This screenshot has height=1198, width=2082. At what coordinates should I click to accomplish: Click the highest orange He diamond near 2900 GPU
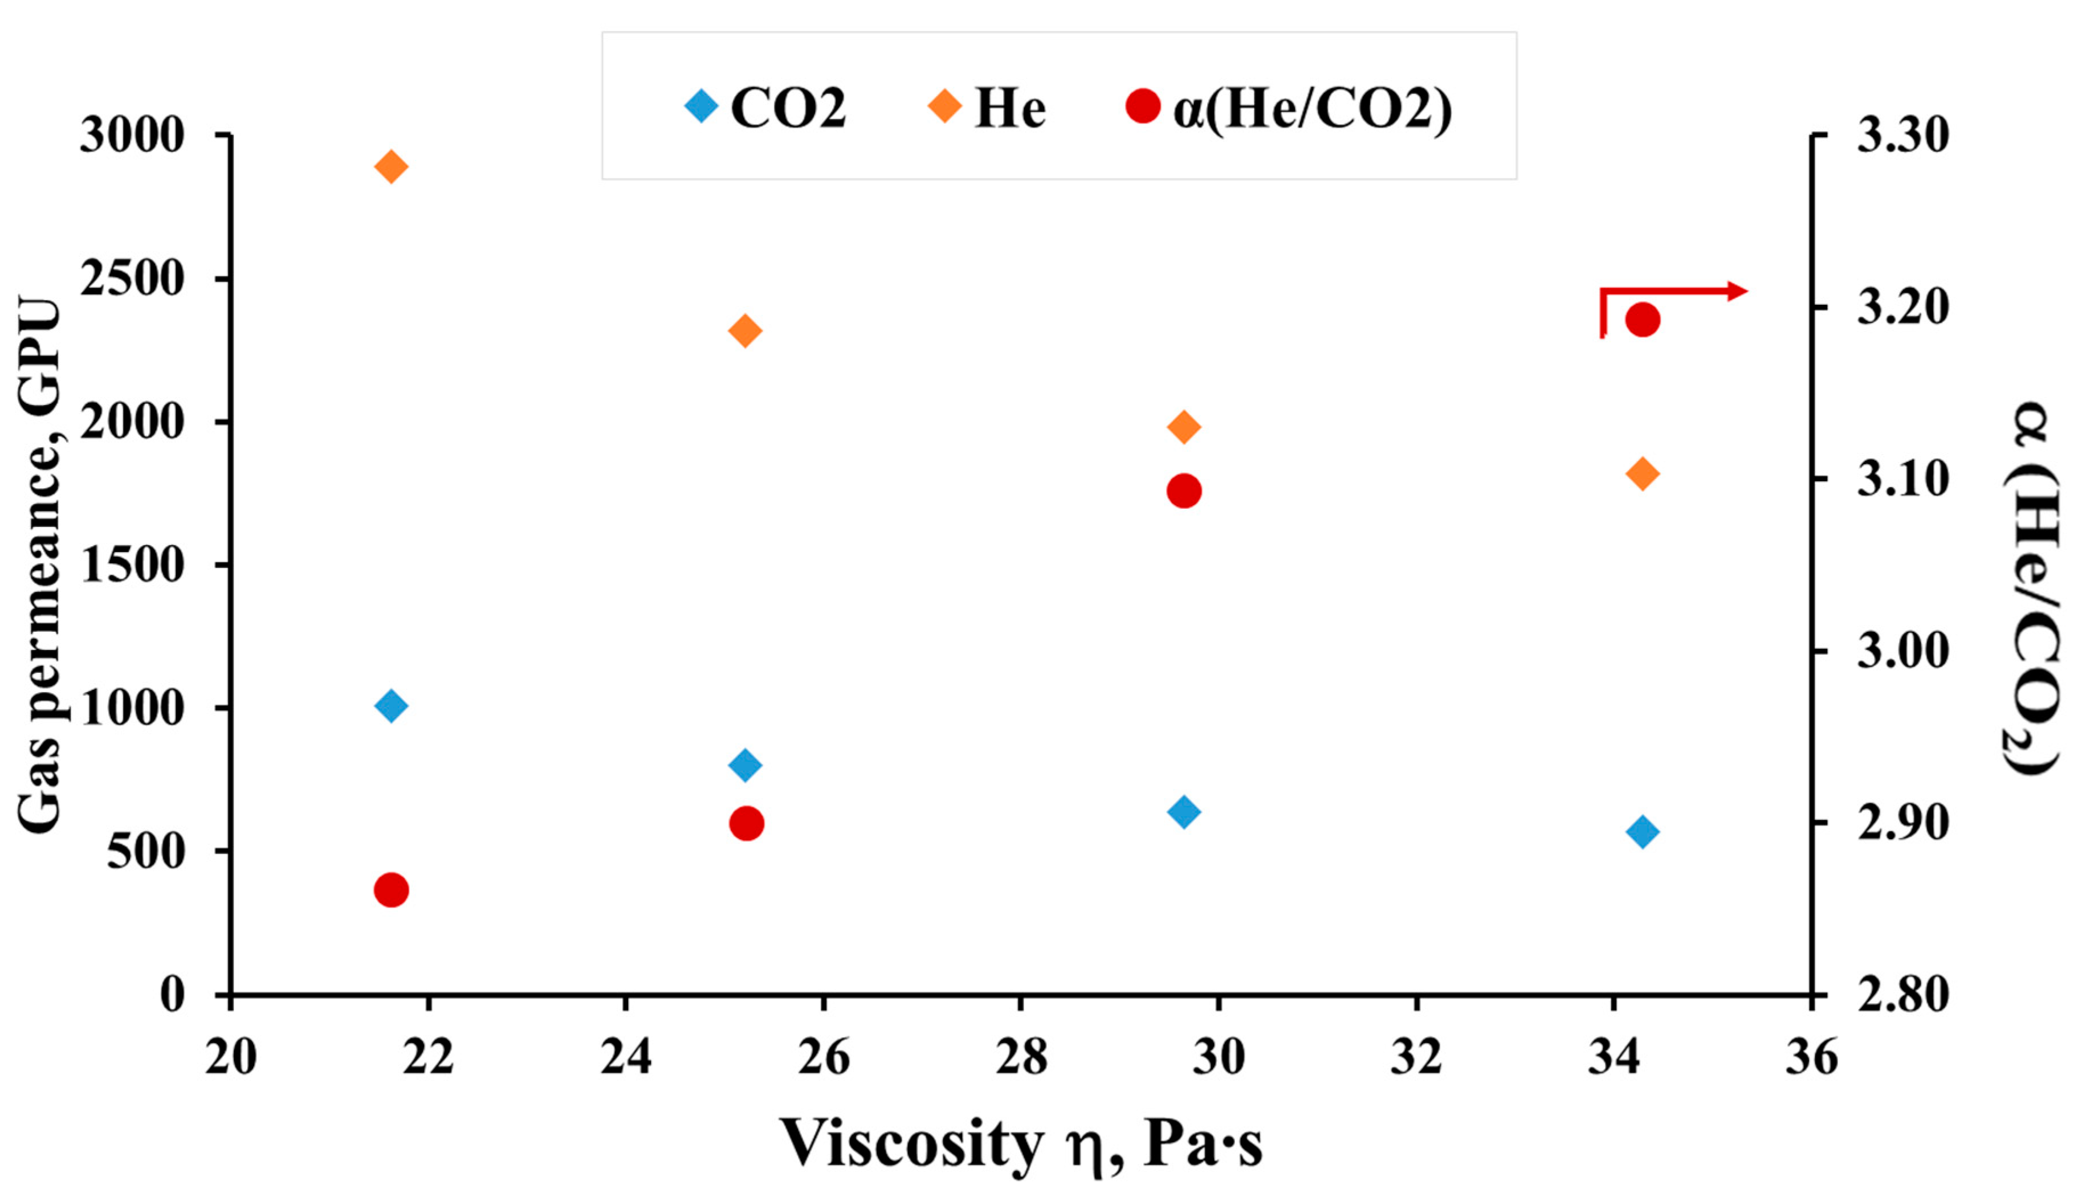pos(391,167)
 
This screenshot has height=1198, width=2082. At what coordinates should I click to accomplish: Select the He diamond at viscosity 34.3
pos(1643,474)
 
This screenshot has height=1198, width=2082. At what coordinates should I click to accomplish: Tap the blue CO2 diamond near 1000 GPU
pos(391,706)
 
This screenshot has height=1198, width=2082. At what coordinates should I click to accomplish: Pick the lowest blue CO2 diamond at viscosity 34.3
pos(1643,832)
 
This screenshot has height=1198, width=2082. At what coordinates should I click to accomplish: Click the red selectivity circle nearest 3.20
pos(1643,320)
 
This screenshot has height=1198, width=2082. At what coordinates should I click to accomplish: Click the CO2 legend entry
pos(765,107)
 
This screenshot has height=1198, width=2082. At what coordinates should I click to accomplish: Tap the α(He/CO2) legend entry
pos(1288,107)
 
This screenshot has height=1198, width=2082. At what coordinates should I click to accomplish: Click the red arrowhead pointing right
pos(1737,291)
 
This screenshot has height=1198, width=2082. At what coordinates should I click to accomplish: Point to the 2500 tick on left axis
pos(132,279)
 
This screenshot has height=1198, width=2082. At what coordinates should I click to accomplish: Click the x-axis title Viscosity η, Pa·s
pos(1020,1144)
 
